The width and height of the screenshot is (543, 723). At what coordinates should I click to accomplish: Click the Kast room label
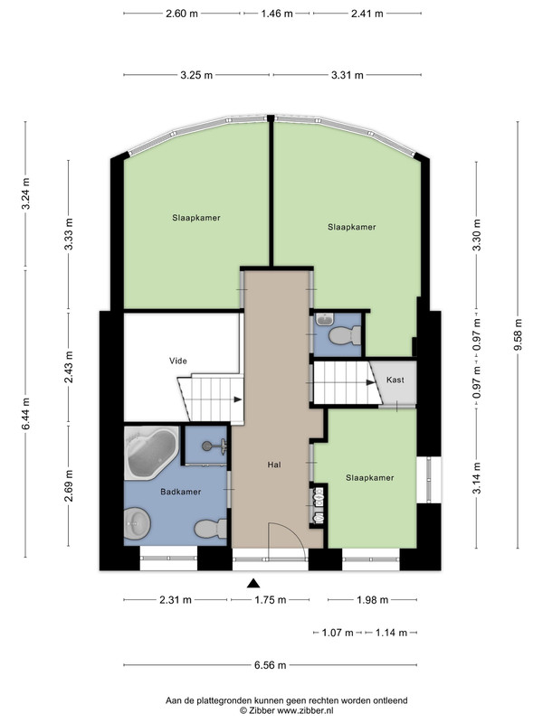pyautogui.click(x=395, y=380)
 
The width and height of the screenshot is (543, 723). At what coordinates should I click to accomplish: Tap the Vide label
pyautogui.click(x=178, y=361)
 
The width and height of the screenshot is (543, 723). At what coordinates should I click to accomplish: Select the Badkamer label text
pyautogui.click(x=180, y=492)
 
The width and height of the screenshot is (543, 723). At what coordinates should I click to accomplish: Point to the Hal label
pyautogui.click(x=274, y=465)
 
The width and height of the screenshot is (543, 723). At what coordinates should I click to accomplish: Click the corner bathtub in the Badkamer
pyautogui.click(x=151, y=453)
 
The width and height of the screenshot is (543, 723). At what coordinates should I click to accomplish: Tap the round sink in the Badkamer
pyautogui.click(x=138, y=523)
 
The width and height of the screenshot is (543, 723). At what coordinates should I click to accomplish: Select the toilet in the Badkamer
pyautogui.click(x=211, y=529)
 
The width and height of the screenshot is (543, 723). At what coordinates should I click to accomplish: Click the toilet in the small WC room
pyautogui.click(x=345, y=335)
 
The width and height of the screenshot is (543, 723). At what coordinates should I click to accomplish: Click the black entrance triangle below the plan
pyautogui.click(x=253, y=583)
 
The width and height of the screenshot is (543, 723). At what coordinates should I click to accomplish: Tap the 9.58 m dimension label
pyautogui.click(x=517, y=334)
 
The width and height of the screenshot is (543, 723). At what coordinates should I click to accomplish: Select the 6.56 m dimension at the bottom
pyautogui.click(x=270, y=665)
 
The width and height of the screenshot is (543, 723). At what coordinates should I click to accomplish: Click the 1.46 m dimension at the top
pyautogui.click(x=277, y=14)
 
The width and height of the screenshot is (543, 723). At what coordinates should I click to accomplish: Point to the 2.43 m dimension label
pyautogui.click(x=69, y=367)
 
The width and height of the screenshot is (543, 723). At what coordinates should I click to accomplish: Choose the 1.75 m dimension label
pyautogui.click(x=270, y=600)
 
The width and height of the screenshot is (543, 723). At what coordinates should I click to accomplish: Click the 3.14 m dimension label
pyautogui.click(x=477, y=478)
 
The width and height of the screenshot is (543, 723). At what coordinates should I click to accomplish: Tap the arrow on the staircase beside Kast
pyautogui.click(x=371, y=382)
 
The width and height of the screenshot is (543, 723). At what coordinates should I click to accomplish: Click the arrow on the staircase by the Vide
pyautogui.click(x=238, y=399)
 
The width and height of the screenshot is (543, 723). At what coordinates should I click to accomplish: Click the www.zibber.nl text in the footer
pyautogui.click(x=305, y=711)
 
